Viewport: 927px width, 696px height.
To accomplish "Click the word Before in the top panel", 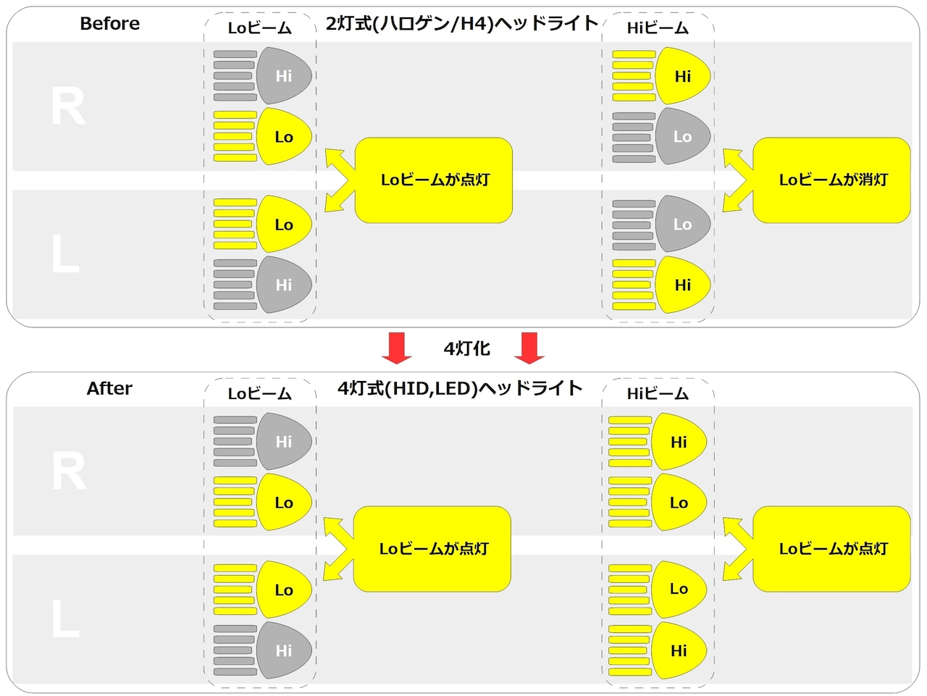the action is (110, 24).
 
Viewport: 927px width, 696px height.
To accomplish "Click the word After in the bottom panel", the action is (109, 388).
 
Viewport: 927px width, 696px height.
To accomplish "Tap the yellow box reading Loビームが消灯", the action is (831, 180).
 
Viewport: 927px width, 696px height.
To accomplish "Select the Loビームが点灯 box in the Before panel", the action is (434, 180).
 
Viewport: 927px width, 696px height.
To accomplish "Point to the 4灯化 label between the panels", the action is (466, 349).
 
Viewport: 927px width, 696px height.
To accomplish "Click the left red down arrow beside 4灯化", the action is (397, 348).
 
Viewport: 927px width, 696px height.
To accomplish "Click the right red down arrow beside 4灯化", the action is (529, 348).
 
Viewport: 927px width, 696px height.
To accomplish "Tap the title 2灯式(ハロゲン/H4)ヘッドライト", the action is (463, 24).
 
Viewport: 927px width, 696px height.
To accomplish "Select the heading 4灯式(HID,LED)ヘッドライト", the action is (461, 388).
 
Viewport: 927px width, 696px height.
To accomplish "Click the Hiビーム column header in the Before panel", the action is (658, 28).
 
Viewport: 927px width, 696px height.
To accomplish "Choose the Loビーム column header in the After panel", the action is (259, 394).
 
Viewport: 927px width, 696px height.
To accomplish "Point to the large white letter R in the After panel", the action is (68, 471).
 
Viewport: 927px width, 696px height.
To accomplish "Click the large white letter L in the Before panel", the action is (65, 253).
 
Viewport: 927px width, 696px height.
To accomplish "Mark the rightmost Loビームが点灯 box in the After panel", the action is (831, 549).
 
